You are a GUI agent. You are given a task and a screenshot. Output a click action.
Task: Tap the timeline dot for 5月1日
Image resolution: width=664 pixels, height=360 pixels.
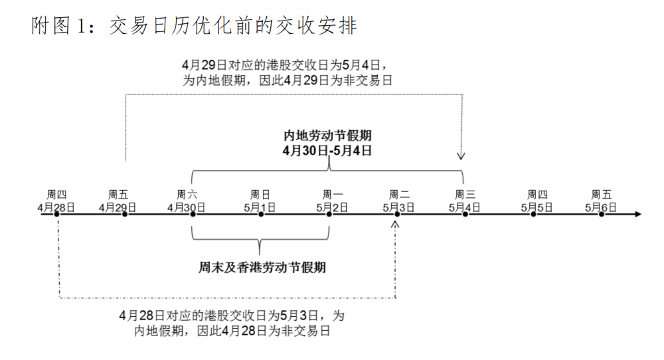coord(261,215)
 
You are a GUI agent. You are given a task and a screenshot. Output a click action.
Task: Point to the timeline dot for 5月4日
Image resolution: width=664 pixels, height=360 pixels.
coord(465,215)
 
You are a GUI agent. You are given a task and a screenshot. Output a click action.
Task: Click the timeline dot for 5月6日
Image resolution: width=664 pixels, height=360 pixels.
coord(602,215)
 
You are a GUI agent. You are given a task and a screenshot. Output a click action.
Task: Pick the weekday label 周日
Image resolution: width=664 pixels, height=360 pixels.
coord(260,195)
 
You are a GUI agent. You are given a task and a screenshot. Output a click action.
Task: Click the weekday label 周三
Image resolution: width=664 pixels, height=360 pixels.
coord(465,195)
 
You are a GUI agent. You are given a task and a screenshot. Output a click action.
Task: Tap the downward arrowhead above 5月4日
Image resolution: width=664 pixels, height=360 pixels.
coord(461,156)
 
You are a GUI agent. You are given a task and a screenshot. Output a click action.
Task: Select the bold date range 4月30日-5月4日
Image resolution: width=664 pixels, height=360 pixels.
coord(327,150)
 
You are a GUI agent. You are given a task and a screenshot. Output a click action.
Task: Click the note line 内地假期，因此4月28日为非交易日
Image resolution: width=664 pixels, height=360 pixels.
coord(232,330)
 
